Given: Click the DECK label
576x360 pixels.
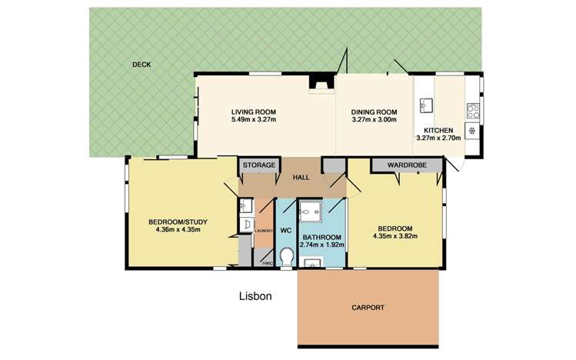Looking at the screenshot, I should (x=141, y=65).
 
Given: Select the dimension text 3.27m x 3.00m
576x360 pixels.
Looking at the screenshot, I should (x=374, y=119).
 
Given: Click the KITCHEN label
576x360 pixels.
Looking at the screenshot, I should (x=435, y=129).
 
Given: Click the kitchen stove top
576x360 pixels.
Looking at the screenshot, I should (x=474, y=109).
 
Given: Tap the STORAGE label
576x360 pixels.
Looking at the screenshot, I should (x=259, y=165).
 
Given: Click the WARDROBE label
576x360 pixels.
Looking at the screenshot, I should (x=407, y=165).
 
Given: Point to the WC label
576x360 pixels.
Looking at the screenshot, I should (x=286, y=229).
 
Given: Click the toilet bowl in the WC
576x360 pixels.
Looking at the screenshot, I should (x=286, y=256).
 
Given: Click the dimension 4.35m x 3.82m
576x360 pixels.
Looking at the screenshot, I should (x=396, y=237).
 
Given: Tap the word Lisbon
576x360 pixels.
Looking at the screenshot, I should (x=255, y=295).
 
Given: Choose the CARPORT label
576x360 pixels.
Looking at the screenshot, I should (x=368, y=308).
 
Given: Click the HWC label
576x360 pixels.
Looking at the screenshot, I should (x=266, y=263).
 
